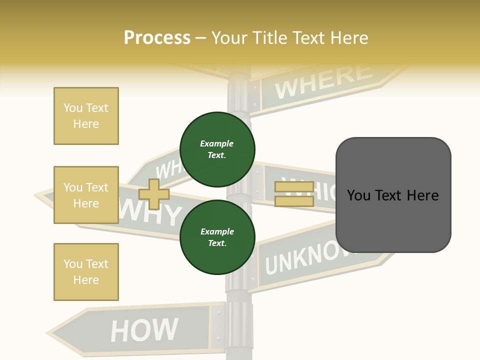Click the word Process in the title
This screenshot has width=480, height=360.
(157, 37)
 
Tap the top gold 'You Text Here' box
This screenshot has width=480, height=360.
(86, 116)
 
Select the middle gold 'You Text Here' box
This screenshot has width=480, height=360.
(86, 195)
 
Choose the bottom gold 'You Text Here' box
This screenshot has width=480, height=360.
(86, 272)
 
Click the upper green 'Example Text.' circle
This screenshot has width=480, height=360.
(217, 149)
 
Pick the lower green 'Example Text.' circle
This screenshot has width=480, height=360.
(217, 237)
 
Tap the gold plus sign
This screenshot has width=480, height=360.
(154, 194)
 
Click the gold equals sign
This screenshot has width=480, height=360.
(294, 194)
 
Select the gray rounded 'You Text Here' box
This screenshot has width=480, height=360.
(393, 195)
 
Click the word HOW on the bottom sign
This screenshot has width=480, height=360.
(144, 330)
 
